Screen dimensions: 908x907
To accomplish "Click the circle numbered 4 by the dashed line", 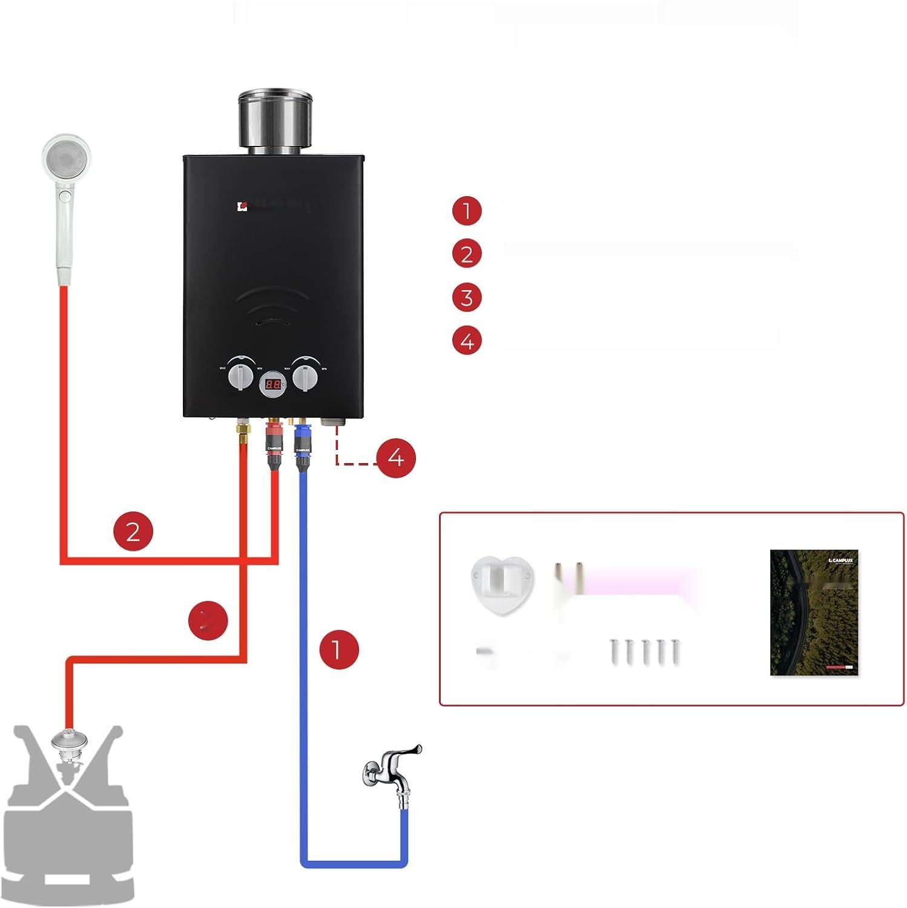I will point(395,458).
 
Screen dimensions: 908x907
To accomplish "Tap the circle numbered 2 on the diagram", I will point(133,531).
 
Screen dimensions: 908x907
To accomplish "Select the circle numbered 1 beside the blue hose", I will point(339,650).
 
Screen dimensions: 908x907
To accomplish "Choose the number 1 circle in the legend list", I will point(467,211).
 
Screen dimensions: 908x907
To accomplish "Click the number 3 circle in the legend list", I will point(467,298).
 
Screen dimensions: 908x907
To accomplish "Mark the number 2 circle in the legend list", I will point(467,254).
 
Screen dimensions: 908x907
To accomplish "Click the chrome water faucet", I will point(392,772).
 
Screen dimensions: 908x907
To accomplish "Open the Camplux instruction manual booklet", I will point(814,612).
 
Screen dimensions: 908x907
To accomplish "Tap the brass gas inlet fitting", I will point(242,432).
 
